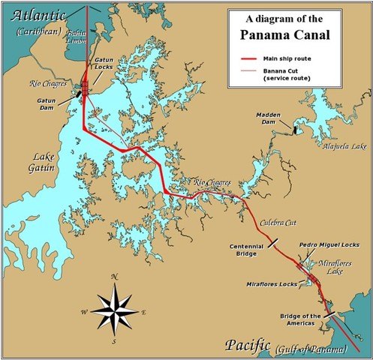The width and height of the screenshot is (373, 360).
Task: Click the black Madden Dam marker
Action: click(296, 130)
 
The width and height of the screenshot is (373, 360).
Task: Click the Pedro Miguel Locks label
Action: click(329, 244)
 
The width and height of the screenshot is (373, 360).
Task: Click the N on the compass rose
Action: click(114, 277)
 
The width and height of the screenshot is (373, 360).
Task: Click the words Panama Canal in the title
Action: click(293, 34)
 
